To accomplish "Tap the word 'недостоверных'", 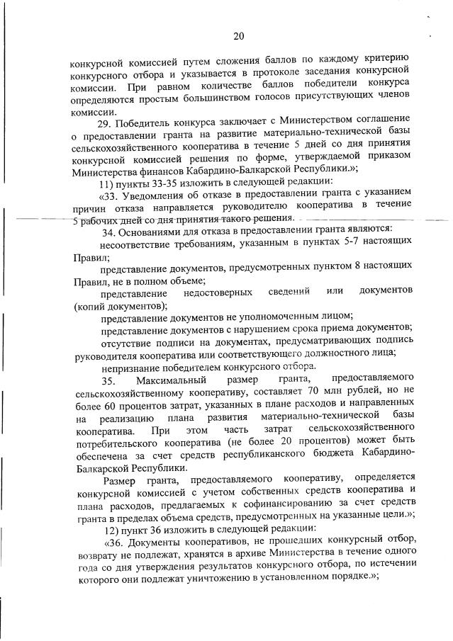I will coord(218,293).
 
